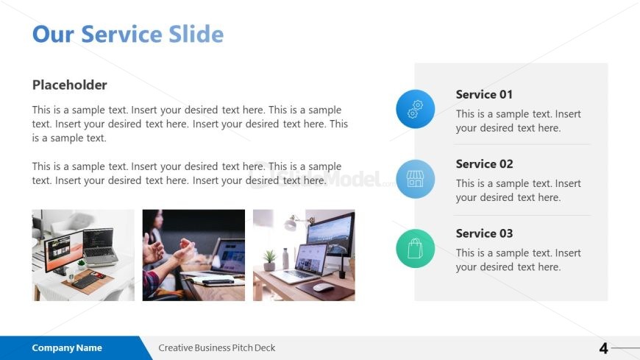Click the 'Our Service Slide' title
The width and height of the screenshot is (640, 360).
pos(128,34)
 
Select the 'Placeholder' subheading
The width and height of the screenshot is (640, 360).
pos(69,85)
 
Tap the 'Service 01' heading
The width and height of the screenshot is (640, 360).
pos(484,94)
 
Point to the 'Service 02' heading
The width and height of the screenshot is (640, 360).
pos(484,163)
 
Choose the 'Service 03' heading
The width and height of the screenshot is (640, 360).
pos(484,233)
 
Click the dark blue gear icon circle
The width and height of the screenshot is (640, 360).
pos(416,109)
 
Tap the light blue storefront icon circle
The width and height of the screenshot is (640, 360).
pos(416,179)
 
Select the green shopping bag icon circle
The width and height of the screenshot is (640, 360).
pos(416,248)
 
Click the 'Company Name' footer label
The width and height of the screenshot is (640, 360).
pos(67,348)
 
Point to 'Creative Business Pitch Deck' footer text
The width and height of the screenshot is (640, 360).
pos(217,348)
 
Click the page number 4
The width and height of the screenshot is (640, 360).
pos(603,348)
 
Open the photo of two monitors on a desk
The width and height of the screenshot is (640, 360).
pos(83,255)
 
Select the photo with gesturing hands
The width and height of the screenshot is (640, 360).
pos(193,255)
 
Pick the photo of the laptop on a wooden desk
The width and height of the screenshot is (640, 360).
pos(304,255)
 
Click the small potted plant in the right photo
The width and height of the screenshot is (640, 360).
pos(269,258)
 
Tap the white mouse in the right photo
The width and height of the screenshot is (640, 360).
pos(322,287)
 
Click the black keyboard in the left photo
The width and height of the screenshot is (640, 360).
pos(87,280)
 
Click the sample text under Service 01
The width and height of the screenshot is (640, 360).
pos(518,121)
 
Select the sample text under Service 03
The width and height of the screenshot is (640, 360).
pos(518,260)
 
